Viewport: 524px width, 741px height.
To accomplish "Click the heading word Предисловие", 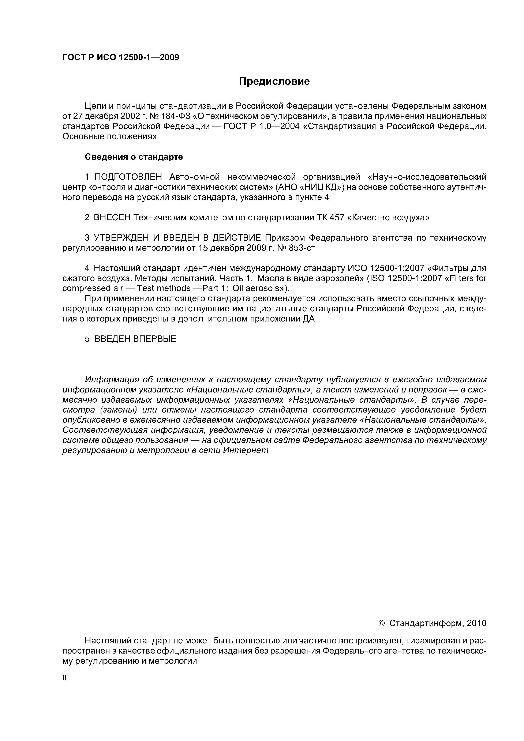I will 274,81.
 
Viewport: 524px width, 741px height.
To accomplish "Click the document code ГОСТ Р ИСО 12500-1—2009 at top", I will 121,57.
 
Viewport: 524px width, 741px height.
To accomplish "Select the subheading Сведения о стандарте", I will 134,157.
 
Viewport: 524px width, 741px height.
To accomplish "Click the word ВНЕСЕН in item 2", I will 112,218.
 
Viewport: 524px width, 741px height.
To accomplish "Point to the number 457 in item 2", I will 336,218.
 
